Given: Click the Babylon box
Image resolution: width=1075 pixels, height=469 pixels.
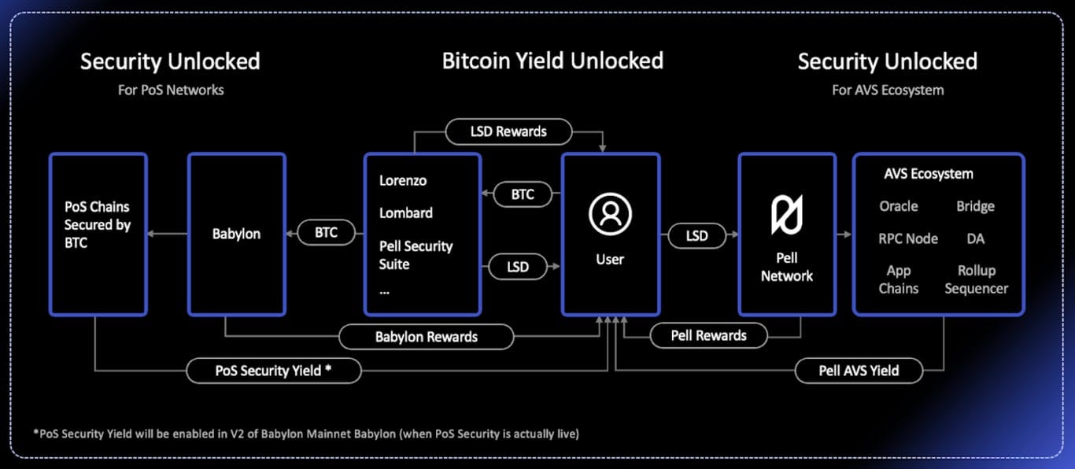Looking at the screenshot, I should [x=236, y=234].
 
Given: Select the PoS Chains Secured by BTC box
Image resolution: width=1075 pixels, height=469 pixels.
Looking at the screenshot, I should [x=98, y=234].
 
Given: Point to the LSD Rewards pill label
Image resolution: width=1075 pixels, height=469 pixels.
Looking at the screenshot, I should [x=508, y=131].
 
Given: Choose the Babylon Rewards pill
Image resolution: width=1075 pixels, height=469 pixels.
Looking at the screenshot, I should [x=426, y=337].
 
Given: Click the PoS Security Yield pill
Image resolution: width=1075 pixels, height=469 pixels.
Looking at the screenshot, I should [x=273, y=370].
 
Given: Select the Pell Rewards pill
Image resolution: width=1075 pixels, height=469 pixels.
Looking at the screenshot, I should [x=708, y=335].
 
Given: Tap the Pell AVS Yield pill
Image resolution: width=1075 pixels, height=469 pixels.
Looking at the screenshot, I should [x=859, y=370].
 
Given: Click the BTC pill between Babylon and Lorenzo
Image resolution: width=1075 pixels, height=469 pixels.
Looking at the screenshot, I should [x=326, y=232].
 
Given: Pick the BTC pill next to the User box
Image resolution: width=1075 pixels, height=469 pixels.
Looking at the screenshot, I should [x=523, y=194].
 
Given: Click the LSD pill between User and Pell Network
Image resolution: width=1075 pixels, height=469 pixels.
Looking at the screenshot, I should [x=696, y=235].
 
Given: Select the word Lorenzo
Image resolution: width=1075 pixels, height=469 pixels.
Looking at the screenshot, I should [x=403, y=180].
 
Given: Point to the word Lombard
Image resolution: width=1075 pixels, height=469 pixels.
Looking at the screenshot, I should [x=406, y=212].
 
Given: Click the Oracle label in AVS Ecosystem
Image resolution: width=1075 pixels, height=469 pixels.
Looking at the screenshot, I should [x=899, y=206].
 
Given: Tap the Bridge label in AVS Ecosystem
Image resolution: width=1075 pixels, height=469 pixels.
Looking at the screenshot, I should [x=976, y=206].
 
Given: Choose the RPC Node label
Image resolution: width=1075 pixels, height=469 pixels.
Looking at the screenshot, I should [x=908, y=238].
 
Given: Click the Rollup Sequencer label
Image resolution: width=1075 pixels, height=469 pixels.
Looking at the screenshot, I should [x=977, y=279].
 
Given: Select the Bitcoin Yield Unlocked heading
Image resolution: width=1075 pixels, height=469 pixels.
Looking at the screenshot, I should [x=552, y=61].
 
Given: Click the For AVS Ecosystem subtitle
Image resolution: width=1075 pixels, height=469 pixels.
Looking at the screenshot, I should [x=888, y=90].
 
